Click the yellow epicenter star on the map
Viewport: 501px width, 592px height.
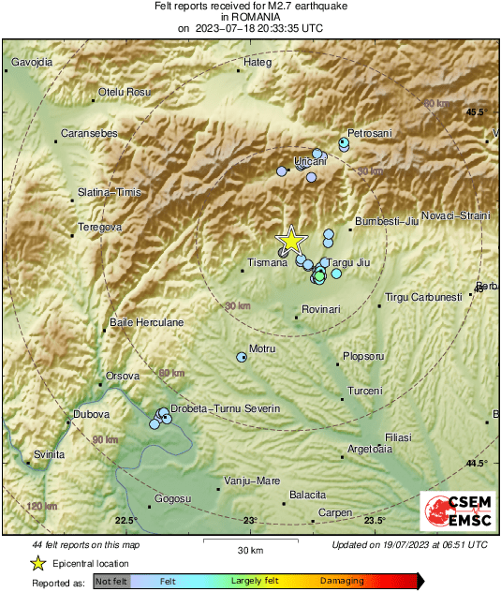coord(291,240)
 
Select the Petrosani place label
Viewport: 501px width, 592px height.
coord(370,133)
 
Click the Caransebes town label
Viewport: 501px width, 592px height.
coord(89,134)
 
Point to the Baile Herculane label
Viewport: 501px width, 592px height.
coord(146,322)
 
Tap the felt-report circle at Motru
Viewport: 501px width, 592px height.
coord(242,357)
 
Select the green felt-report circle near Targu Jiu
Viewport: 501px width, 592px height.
coord(319,276)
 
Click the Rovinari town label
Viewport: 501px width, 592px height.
coord(323,309)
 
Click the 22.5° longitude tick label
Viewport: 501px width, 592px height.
coord(125,521)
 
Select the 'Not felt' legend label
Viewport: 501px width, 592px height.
coord(111,582)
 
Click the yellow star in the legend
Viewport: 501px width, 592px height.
coord(37,563)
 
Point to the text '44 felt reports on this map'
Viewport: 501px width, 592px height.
coord(86,544)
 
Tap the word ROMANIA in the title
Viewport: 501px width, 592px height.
coord(250,17)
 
